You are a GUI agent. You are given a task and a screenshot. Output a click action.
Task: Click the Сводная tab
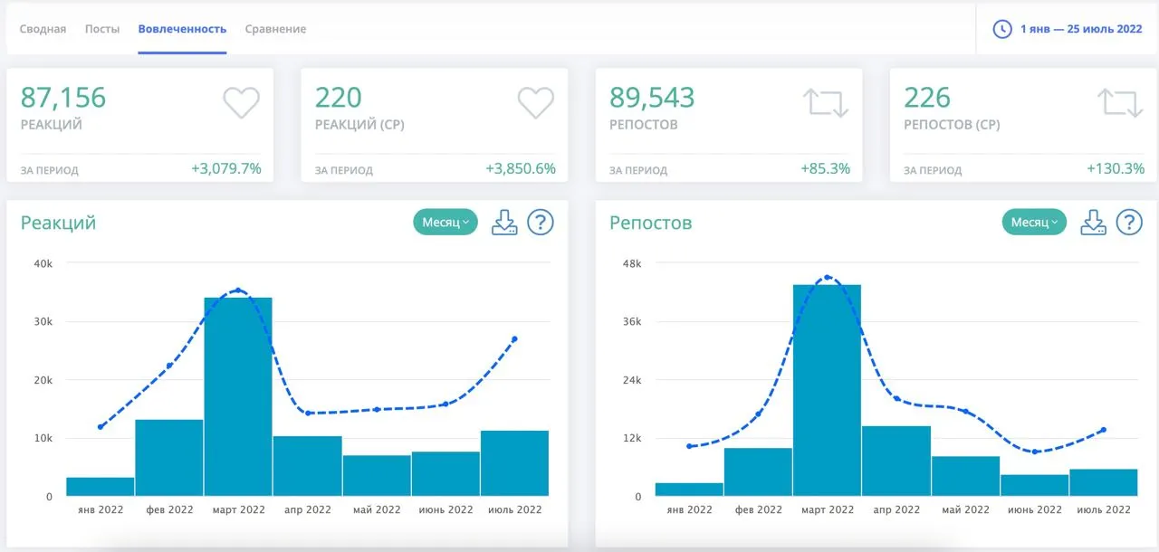pos(43,29)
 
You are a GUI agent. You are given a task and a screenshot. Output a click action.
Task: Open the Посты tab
pos(102,29)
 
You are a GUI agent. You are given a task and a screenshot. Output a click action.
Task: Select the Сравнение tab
pos(275,29)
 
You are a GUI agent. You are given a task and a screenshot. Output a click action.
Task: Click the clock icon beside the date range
pos(1002,29)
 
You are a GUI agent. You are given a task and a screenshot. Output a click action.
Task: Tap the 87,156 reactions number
pos(63,97)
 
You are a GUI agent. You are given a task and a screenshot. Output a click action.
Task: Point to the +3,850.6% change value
pos(521,168)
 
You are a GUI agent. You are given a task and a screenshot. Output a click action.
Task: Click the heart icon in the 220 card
pos(535,102)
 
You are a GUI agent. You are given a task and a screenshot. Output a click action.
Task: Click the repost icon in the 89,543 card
pos(826,103)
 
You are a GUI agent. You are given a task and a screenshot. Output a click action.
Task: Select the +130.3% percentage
pos(1115,168)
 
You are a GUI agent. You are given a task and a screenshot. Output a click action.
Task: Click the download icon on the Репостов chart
pos(1093,223)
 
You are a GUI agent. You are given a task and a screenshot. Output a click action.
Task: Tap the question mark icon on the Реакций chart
pos(541,223)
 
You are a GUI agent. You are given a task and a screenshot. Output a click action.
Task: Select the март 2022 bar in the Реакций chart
pos(238,396)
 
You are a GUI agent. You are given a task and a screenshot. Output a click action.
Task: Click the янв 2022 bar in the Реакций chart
pos(101,487)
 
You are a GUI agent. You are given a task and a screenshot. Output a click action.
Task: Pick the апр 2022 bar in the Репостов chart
pos(896,461)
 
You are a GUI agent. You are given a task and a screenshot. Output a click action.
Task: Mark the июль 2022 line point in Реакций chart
pos(514,339)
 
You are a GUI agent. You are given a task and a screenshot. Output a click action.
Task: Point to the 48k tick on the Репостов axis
pos(632,263)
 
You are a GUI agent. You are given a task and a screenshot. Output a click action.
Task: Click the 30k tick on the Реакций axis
pos(43,321)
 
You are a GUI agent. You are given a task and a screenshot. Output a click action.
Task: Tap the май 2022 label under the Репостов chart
pos(965,509)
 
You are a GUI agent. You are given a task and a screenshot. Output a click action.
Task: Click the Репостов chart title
pos(650,223)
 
